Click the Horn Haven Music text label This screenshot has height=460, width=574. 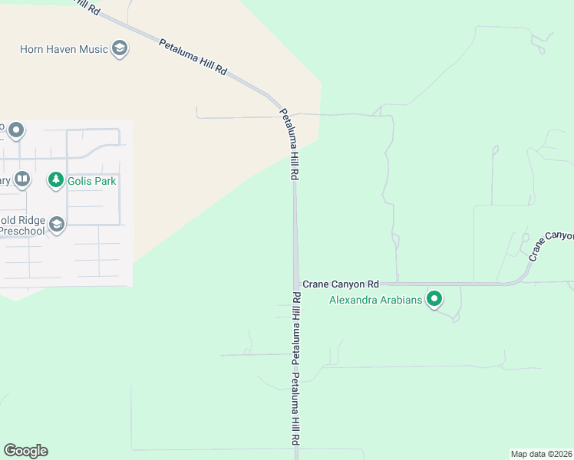point(64,49)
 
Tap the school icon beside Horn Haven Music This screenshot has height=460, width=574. point(119,49)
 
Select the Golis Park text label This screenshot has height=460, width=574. point(91,181)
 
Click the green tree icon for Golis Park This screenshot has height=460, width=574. point(55,180)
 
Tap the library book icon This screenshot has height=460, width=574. point(22,180)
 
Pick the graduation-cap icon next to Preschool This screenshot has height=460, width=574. point(55,224)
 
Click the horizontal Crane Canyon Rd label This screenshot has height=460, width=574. point(340,284)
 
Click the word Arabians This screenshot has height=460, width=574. point(402,300)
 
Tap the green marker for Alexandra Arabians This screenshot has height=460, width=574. point(434,299)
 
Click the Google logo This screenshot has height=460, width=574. point(25,451)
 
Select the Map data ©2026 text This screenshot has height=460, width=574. point(541,454)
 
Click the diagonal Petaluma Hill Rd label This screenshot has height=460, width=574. point(193,56)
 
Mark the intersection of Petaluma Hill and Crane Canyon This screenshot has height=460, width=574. point(295,284)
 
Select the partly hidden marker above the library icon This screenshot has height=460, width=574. point(15,130)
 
